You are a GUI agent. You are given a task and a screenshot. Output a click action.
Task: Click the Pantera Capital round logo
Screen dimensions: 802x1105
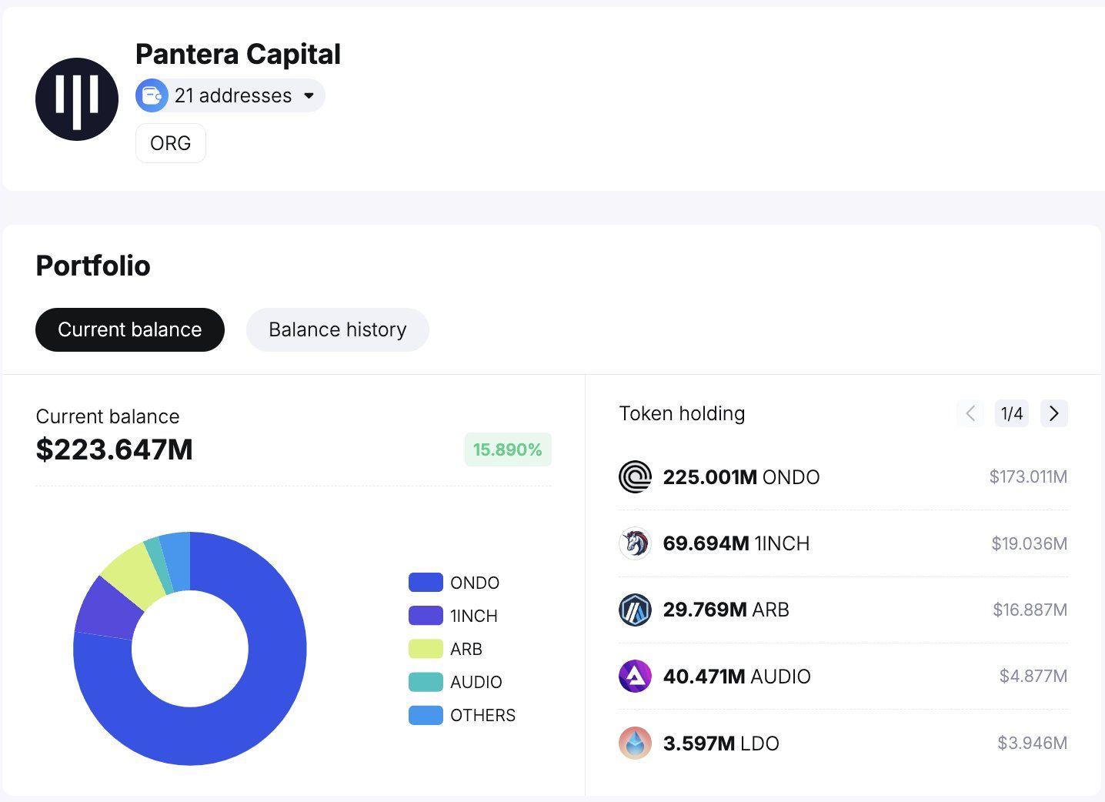(x=77, y=99)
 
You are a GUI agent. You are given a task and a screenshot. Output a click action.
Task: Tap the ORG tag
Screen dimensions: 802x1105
(x=170, y=143)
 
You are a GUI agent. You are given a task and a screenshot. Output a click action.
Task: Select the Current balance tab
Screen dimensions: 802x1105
(x=129, y=329)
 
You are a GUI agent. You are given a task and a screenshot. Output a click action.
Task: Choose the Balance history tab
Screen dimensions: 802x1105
(x=337, y=329)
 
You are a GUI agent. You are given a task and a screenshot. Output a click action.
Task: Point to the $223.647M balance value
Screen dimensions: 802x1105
(x=115, y=449)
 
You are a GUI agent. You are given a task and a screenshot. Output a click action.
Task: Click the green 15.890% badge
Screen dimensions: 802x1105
(x=507, y=449)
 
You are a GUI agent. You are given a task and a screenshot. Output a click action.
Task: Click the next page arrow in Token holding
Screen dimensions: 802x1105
(x=1053, y=413)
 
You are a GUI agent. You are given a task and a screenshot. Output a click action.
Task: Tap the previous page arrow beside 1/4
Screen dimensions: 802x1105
(x=970, y=413)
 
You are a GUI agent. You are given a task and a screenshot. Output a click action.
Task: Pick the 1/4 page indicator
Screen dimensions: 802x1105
(x=1012, y=413)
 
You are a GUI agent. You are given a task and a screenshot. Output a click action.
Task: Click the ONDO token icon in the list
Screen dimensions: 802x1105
(x=635, y=477)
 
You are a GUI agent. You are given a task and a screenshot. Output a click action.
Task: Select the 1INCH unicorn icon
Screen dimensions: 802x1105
(x=635, y=543)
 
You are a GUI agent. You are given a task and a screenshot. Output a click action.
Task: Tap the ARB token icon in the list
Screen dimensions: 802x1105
(x=635, y=610)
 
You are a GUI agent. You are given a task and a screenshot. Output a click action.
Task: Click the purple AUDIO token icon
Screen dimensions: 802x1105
(x=635, y=677)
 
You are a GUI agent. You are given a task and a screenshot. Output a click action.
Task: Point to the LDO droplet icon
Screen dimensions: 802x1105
(x=635, y=743)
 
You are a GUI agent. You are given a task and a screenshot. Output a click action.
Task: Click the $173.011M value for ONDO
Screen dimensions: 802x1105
(x=1028, y=477)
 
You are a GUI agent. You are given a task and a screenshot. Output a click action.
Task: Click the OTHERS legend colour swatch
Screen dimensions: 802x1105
(x=426, y=715)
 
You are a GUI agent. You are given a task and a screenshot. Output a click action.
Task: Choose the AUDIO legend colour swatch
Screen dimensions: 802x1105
(x=426, y=682)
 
